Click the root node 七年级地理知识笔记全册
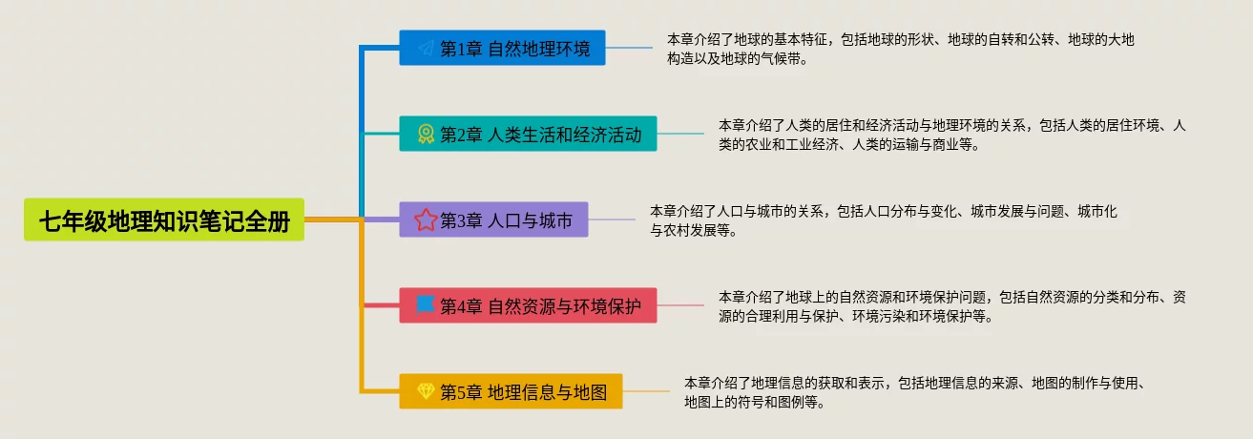pyautogui.click(x=164, y=219)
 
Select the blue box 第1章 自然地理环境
pyautogui.click(x=502, y=48)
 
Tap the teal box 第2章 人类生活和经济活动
pyautogui.click(x=528, y=134)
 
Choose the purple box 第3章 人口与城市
pyautogui.click(x=493, y=219)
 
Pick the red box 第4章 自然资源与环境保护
pyautogui.click(x=528, y=305)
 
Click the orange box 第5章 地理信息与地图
pyautogui.click(x=511, y=391)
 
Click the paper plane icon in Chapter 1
pyautogui.click(x=427, y=48)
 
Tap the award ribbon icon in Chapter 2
pyautogui.click(x=426, y=134)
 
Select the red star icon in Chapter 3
pyautogui.click(x=425, y=219)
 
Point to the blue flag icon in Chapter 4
pyautogui.click(x=425, y=304)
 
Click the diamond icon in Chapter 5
pyautogui.click(x=426, y=390)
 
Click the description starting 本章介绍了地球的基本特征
pyautogui.click(x=901, y=50)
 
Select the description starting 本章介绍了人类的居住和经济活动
pyautogui.click(x=952, y=135)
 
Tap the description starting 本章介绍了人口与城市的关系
pyautogui.click(x=884, y=220)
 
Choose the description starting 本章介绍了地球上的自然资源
pyautogui.click(x=952, y=306)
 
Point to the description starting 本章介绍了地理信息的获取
pyautogui.click(x=915, y=392)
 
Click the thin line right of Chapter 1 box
pyautogui.click(x=629, y=48)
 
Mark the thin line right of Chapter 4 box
pyautogui.click(x=680, y=305)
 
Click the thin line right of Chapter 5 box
pyautogui.click(x=646, y=391)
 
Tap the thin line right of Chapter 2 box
pyautogui.click(x=680, y=134)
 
